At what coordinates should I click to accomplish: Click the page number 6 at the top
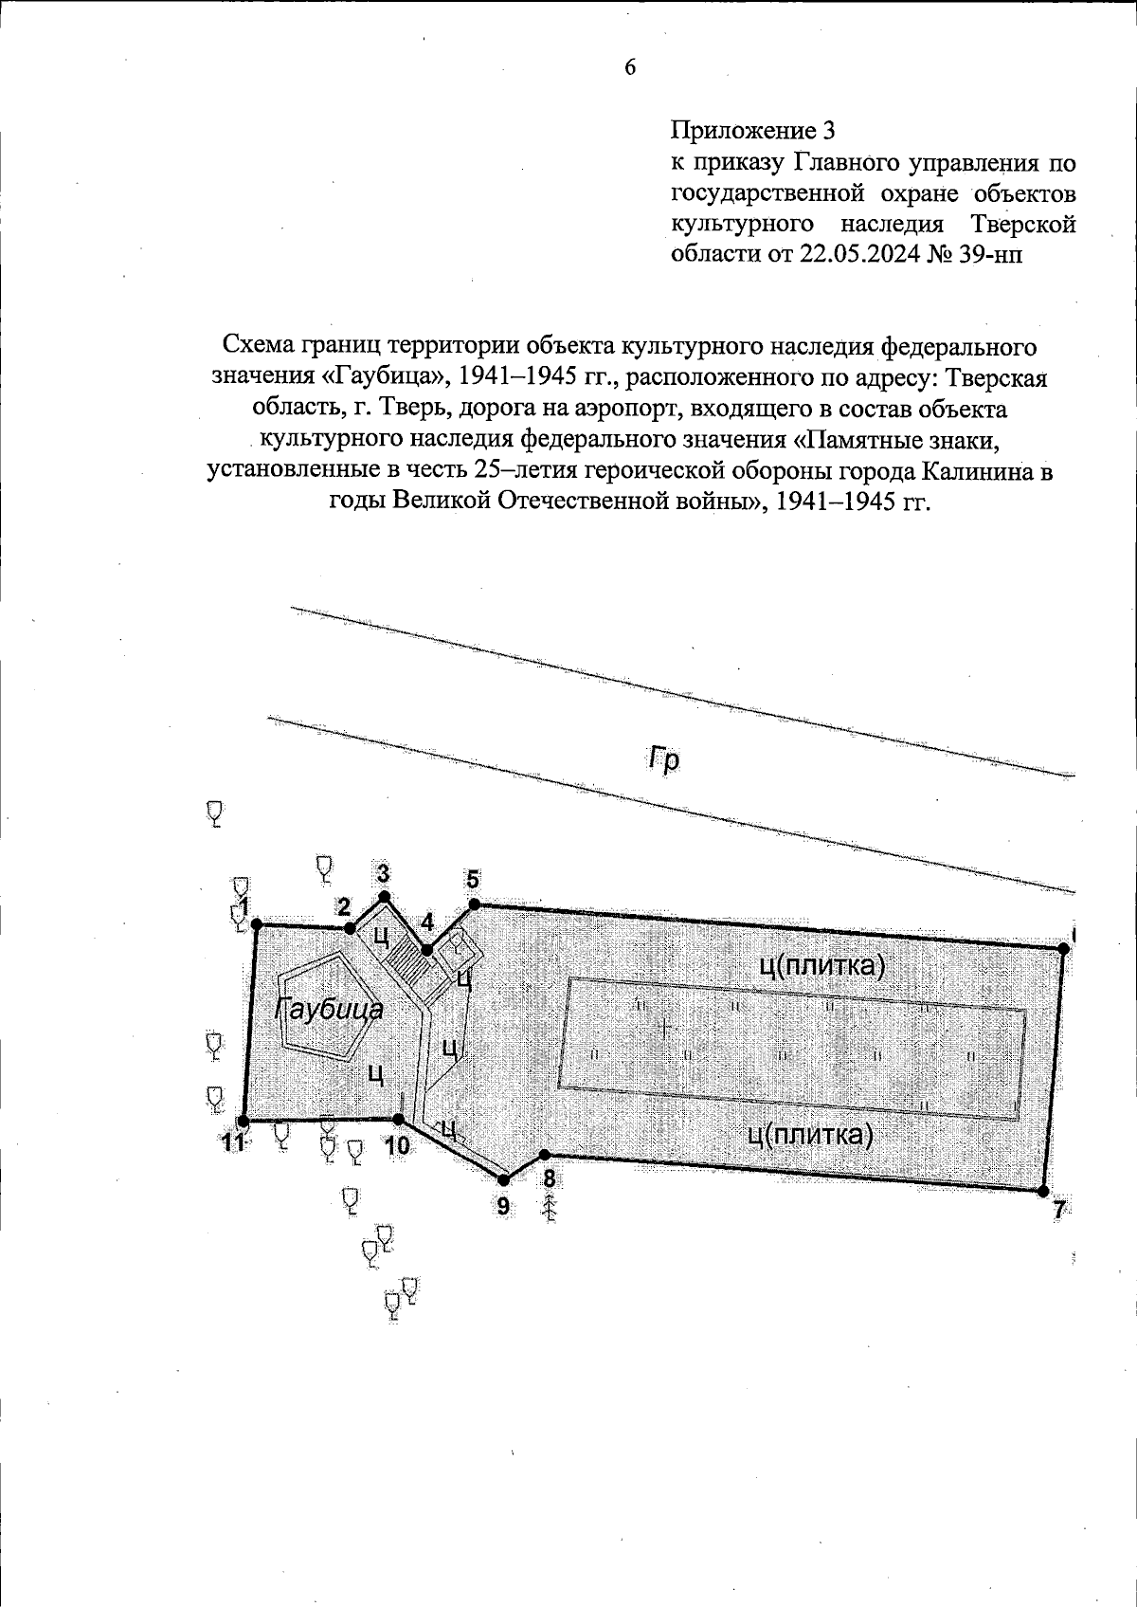click(x=629, y=66)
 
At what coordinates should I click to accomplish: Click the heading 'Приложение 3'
click(x=755, y=130)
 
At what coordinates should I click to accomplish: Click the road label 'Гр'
click(x=663, y=759)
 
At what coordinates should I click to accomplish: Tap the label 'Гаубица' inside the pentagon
click(x=330, y=1009)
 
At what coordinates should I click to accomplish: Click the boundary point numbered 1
click(x=256, y=925)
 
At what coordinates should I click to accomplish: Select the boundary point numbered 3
click(x=384, y=896)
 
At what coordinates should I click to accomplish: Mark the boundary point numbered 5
click(x=474, y=904)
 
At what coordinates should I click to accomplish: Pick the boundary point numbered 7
click(x=1043, y=1191)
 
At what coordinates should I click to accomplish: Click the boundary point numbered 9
click(x=504, y=1179)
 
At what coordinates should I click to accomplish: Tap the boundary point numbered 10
click(x=399, y=1120)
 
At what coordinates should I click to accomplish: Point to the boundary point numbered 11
click(x=244, y=1120)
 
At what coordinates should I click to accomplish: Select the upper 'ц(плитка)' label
click(x=821, y=965)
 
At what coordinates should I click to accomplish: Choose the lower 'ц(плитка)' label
click(x=810, y=1134)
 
